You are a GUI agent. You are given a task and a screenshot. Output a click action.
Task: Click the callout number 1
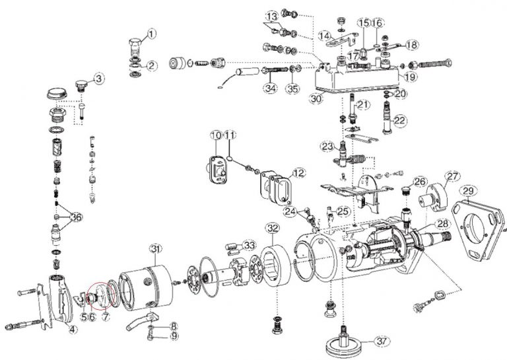pos(151,32)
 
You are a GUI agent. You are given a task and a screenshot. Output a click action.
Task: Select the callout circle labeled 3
pos(98,79)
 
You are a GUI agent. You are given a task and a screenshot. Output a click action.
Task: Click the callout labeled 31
pos(155,248)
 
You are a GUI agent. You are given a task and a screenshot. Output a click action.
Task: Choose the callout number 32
pos(272,229)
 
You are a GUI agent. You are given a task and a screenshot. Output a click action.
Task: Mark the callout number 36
pos(75,217)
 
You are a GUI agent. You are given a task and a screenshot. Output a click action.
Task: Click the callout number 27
pos(452,176)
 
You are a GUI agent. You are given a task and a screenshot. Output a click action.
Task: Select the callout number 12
pos(299,173)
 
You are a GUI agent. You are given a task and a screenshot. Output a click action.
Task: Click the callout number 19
pos(410,77)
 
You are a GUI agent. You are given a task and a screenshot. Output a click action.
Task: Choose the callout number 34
pos(269,87)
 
